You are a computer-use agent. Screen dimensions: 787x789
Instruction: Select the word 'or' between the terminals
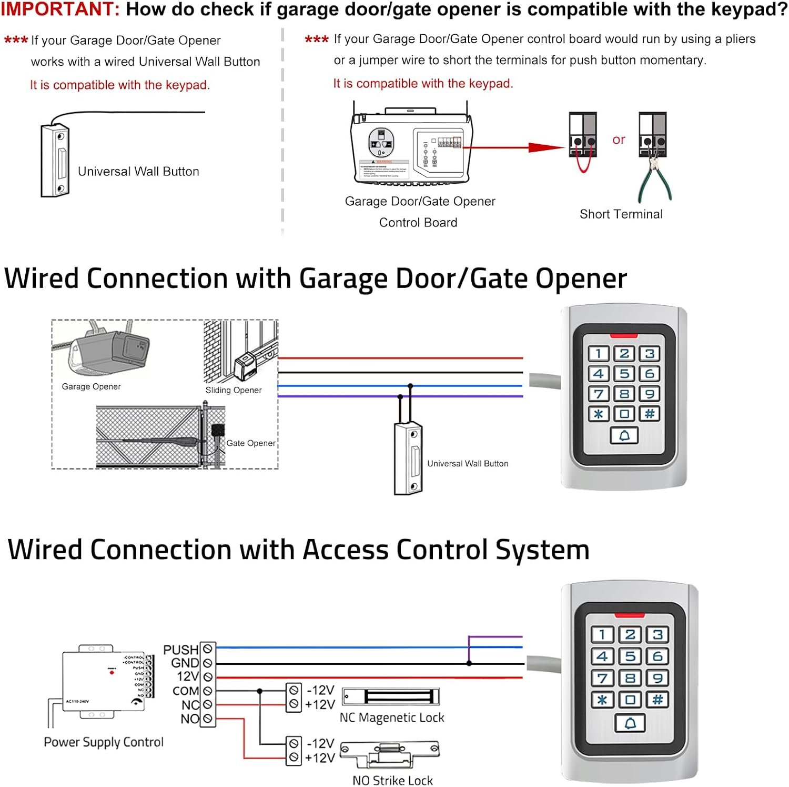click(619, 140)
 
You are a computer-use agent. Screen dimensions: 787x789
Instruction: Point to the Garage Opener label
click(91, 386)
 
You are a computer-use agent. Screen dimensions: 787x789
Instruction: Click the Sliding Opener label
click(234, 390)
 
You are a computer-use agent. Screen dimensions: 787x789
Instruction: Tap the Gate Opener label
click(251, 443)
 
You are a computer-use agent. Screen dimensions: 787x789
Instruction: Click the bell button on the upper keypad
click(624, 436)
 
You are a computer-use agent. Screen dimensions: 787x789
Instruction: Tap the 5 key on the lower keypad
click(630, 656)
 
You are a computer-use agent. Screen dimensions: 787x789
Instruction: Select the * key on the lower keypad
click(602, 700)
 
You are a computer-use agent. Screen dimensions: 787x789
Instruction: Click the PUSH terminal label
click(181, 650)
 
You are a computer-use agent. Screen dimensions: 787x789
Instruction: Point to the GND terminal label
click(185, 663)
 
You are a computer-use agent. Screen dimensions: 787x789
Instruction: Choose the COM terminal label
click(186, 691)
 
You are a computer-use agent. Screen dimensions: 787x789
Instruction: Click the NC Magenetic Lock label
click(392, 718)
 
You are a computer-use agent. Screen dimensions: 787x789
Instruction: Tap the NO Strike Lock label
click(392, 780)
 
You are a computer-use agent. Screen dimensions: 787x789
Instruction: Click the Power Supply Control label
click(104, 742)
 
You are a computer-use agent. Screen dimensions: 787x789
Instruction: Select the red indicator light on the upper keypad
click(624, 335)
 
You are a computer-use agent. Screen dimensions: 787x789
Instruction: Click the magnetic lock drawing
click(391, 696)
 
